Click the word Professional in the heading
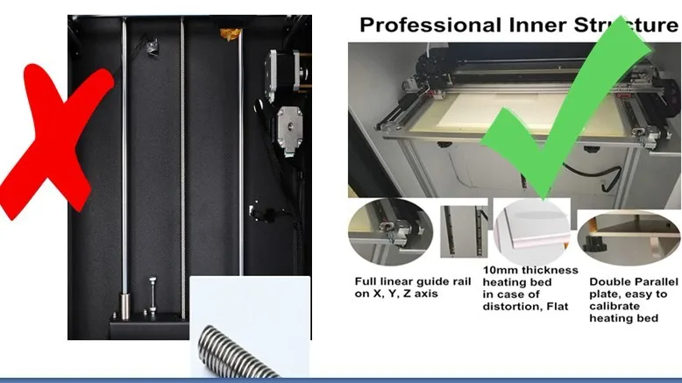(430, 25)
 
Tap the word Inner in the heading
(537, 25)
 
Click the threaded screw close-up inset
(250, 327)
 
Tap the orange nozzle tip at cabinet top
(231, 33)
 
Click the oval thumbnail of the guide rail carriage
(391, 231)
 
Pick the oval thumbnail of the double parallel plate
(629, 238)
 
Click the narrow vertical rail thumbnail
(464, 231)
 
